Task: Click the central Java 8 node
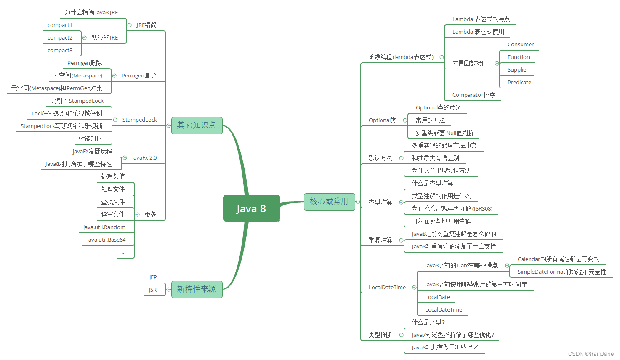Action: click(x=251, y=208)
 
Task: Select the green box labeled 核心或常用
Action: click(x=329, y=202)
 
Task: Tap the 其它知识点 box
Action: click(x=197, y=125)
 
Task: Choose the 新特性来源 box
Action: click(x=197, y=289)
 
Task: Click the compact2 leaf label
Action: click(x=60, y=38)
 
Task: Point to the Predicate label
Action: click(x=519, y=83)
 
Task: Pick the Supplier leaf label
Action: click(x=518, y=70)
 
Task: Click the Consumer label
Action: click(x=520, y=45)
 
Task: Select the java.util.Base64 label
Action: click(x=106, y=240)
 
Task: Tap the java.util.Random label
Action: click(x=104, y=227)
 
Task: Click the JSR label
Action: click(x=152, y=290)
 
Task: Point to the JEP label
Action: click(x=153, y=277)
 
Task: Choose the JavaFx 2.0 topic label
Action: click(x=144, y=158)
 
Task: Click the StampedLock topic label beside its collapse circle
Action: click(x=139, y=120)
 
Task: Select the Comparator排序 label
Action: click(x=474, y=95)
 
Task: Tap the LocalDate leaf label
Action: click(x=437, y=297)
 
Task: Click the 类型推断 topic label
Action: click(x=380, y=335)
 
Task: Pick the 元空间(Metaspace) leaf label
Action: click(x=77, y=76)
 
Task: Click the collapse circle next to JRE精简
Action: click(x=129, y=25)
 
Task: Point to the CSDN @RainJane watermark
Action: click(x=591, y=354)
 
